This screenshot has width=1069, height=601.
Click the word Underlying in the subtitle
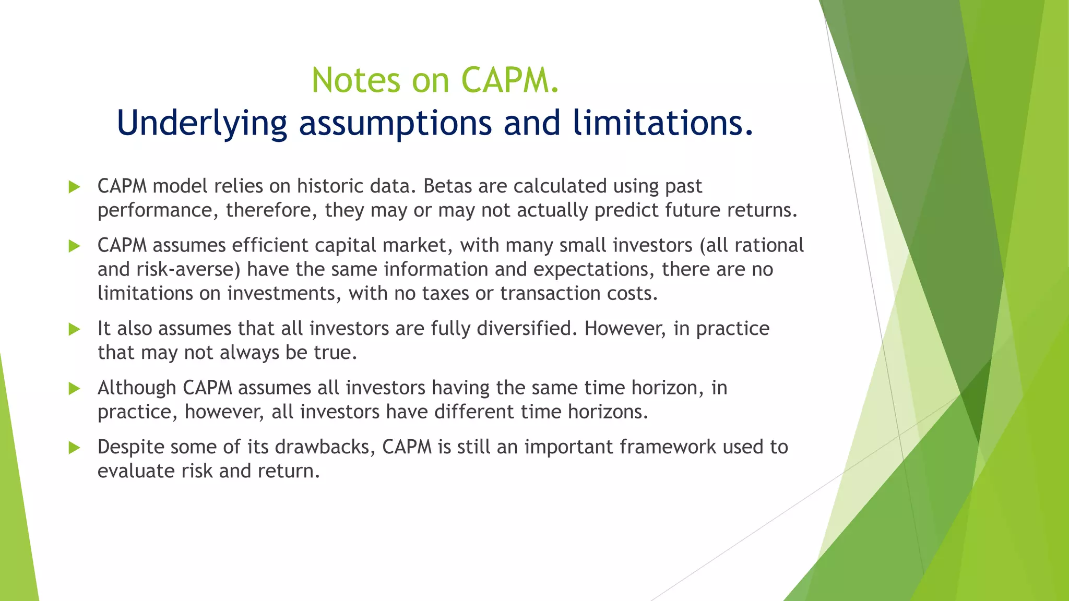(x=201, y=123)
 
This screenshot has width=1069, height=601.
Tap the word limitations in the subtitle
(x=662, y=123)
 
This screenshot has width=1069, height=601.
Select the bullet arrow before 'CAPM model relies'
(x=75, y=187)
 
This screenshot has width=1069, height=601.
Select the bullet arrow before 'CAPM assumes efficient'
(x=75, y=246)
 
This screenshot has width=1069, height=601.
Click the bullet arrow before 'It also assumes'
(x=75, y=330)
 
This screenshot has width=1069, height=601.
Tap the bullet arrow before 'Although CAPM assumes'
(x=75, y=389)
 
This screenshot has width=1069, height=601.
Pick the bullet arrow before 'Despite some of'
(x=75, y=448)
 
